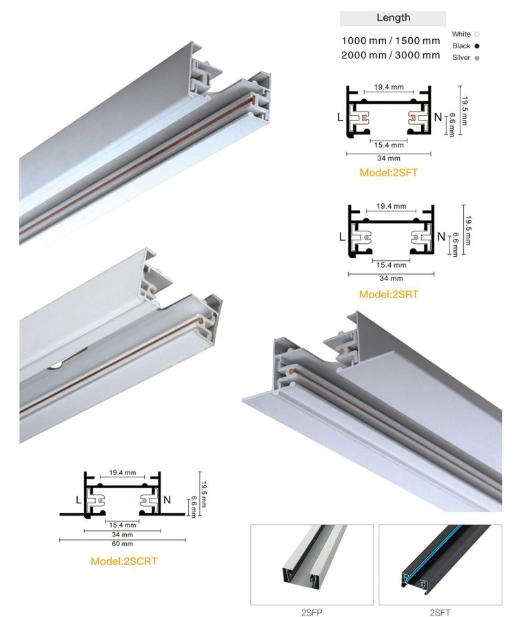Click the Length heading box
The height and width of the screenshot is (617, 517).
pos(392,18)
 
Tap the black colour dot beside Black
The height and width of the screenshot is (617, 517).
pos(477,46)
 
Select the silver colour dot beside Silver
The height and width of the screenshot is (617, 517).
pos(477,59)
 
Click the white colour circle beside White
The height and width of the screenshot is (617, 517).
pos(477,34)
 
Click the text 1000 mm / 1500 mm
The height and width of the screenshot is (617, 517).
pos(391,41)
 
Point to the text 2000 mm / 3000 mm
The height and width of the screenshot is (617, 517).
pos(391,55)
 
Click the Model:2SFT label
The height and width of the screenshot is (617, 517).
pos(389,172)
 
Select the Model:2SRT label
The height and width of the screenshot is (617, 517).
pos(389,294)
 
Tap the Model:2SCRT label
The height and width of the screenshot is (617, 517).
pos(123,561)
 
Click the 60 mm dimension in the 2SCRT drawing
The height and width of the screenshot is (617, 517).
pos(122,544)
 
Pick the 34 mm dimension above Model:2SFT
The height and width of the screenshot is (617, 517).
pos(389,158)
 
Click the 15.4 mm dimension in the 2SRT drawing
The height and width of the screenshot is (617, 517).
pos(392,265)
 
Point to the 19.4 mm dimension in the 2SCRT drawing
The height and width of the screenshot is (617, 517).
pos(123,472)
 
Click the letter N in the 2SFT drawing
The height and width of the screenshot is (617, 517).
pos(438,117)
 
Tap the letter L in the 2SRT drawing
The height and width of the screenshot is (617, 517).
pos(342,236)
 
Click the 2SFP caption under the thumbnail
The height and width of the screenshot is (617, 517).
pos(312,612)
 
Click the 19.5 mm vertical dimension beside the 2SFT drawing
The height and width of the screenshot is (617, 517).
pos(464,111)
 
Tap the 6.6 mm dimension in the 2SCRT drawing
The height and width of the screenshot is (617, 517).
pos(194,507)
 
